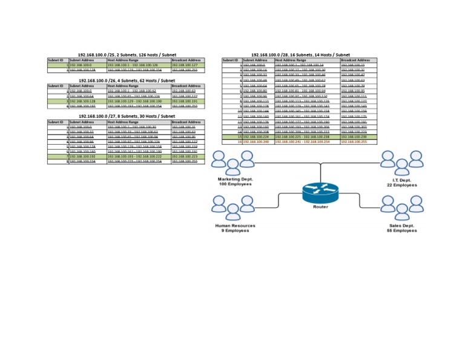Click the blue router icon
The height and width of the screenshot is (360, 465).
click(321, 192)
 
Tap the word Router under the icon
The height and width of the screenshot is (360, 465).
click(321, 207)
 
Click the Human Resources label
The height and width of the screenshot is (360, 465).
click(236, 225)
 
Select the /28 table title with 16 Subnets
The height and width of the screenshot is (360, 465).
click(300, 55)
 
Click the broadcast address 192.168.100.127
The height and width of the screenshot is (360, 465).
click(186, 65)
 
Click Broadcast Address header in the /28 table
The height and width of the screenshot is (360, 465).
click(356, 60)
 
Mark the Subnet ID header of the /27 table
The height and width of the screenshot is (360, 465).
click(56, 122)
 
